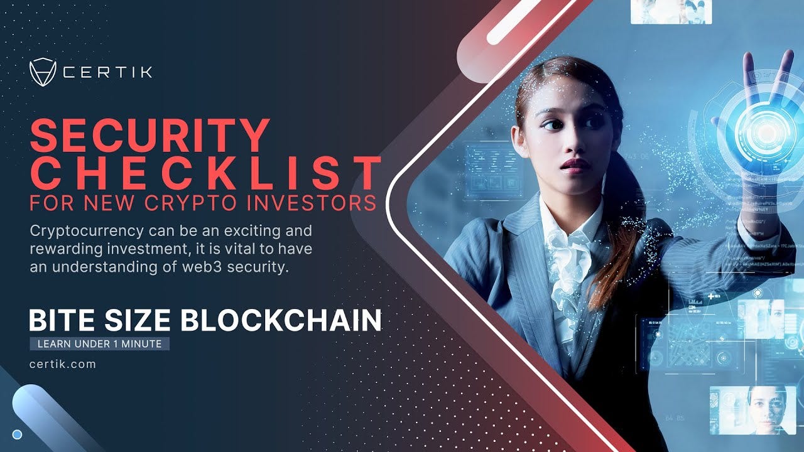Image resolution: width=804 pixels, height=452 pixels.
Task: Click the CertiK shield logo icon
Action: pos(43,72)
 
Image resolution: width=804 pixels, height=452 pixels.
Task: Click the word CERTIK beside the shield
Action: pos(107,72)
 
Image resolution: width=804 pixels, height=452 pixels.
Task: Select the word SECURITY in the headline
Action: pos(149,136)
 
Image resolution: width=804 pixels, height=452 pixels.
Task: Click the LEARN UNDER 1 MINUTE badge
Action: pos(99,343)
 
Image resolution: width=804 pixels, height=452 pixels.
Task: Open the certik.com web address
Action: pos(62,363)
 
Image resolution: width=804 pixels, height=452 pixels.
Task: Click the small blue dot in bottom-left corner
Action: pos(18,434)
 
